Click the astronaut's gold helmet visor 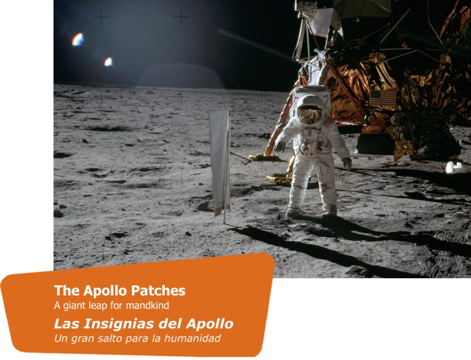[310, 114]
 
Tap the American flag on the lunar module [383, 97]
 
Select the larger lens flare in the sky [78, 40]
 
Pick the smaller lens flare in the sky [109, 62]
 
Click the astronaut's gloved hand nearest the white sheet [280, 146]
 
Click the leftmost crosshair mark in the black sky [101, 17]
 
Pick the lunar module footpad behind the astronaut [264, 157]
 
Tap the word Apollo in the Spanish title [209, 324]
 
